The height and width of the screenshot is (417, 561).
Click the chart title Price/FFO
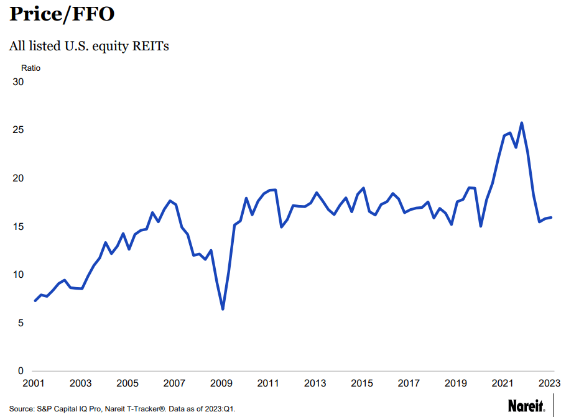(x=62, y=14)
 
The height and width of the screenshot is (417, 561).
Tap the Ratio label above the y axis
(x=30, y=68)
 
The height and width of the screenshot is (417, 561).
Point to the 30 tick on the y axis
(x=17, y=82)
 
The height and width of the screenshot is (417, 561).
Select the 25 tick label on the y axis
(x=17, y=131)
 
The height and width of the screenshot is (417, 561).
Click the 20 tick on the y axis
(x=17, y=178)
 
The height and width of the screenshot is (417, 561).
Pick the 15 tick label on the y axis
(x=17, y=227)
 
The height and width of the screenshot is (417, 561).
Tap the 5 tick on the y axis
(x=20, y=323)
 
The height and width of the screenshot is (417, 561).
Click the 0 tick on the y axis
(x=20, y=371)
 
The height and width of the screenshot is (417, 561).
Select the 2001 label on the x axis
(x=34, y=383)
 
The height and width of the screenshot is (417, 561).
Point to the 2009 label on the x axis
(x=222, y=383)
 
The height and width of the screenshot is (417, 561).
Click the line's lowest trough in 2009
(x=223, y=309)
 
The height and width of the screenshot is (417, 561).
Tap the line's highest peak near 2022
(x=521, y=123)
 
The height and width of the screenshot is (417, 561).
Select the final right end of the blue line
(x=551, y=218)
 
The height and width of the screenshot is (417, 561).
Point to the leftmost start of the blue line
(x=35, y=301)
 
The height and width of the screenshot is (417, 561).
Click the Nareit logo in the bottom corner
(x=526, y=406)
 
